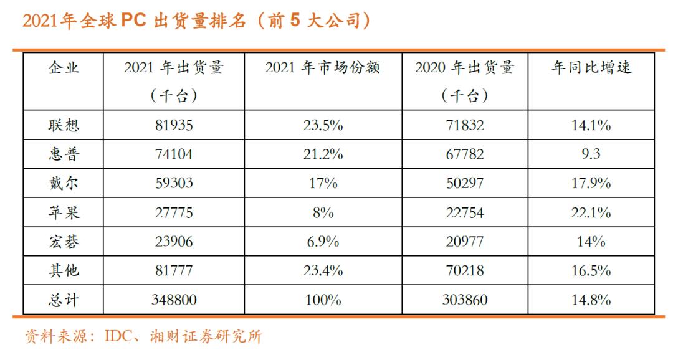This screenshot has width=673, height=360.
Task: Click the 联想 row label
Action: coord(64,125)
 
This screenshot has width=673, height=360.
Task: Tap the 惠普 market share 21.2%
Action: coord(323,154)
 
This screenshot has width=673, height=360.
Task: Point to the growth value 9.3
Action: coord(590,154)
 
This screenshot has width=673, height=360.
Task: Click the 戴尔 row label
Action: coord(64,184)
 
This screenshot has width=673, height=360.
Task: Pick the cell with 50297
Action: coord(465,184)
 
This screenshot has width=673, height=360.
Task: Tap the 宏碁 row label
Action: coord(64,242)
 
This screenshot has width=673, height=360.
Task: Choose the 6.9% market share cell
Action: coord(323,242)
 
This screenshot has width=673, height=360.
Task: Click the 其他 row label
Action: coord(64,271)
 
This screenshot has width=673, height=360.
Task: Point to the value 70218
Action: coord(465,271)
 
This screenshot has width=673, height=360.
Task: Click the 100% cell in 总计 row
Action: coord(323,300)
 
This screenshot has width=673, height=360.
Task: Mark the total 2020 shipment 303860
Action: coord(465,300)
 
